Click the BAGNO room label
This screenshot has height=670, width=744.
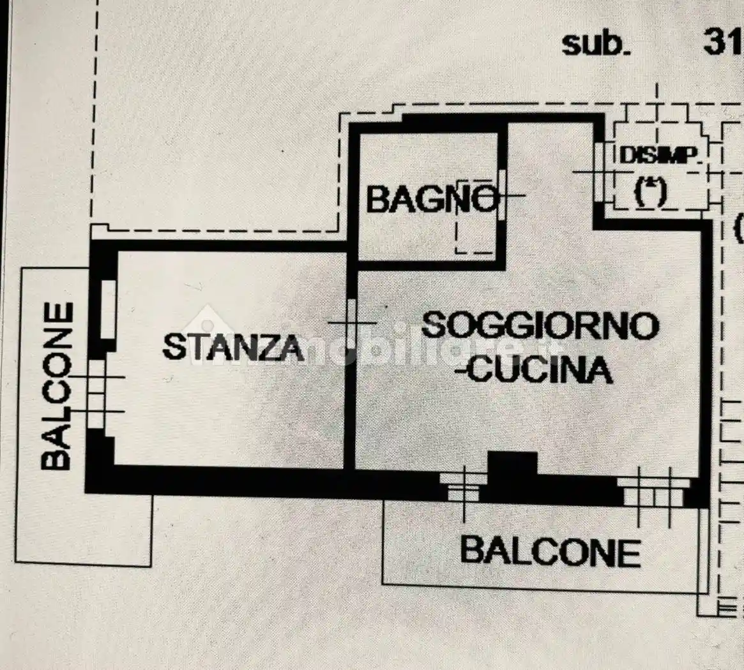(x=432, y=200)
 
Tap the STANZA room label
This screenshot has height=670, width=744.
(x=233, y=346)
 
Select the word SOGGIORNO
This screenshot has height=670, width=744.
(x=540, y=325)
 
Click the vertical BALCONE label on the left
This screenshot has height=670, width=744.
(x=57, y=386)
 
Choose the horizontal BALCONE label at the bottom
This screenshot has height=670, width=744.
(x=550, y=552)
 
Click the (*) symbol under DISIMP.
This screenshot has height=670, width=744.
(x=651, y=191)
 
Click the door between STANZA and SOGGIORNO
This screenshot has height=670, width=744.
(x=351, y=323)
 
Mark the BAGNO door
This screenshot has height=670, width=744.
(x=502, y=195)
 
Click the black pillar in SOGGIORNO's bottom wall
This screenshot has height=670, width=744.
(x=512, y=472)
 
